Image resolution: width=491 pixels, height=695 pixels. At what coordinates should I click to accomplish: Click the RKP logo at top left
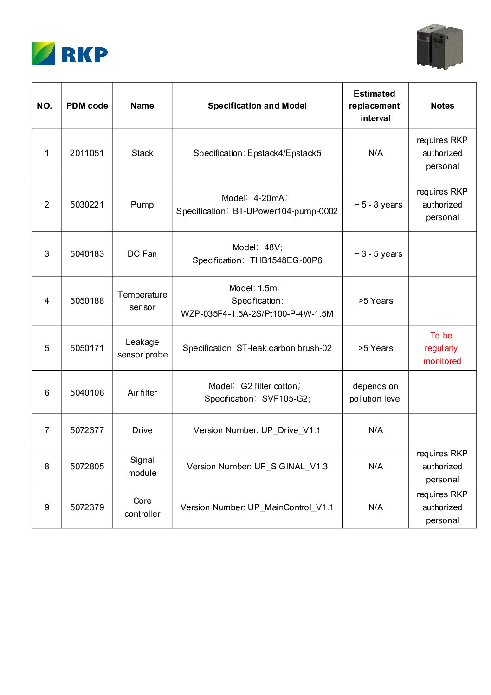tap(70, 54)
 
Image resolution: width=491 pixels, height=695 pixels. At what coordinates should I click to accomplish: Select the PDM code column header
tap(87, 106)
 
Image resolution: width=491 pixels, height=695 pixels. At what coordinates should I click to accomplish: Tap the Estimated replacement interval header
tap(375, 106)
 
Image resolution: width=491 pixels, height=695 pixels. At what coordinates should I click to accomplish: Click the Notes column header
tap(442, 106)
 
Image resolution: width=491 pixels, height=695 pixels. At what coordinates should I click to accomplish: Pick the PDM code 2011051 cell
tap(87, 153)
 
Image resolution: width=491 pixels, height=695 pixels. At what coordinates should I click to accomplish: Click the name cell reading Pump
tap(142, 205)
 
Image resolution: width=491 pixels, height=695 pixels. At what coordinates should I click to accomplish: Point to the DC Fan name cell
tap(142, 254)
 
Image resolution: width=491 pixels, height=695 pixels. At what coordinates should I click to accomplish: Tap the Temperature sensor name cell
tap(142, 301)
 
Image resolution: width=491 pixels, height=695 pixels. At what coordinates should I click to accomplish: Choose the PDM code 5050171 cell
tap(87, 348)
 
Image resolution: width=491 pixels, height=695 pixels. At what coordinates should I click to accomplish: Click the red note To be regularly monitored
tap(442, 348)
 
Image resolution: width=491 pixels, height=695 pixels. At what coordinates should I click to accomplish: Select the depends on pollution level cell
tap(375, 392)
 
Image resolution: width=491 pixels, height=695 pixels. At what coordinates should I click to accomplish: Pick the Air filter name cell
tap(142, 393)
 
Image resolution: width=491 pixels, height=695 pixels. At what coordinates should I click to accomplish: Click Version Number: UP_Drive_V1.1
tap(257, 430)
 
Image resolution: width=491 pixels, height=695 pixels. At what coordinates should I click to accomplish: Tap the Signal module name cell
tap(142, 467)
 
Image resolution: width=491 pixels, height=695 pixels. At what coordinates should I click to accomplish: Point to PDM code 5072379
tap(87, 507)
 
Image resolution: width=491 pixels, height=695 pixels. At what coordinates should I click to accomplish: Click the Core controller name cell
tap(142, 507)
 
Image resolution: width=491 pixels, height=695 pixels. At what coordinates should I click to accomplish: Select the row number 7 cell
tap(47, 430)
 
